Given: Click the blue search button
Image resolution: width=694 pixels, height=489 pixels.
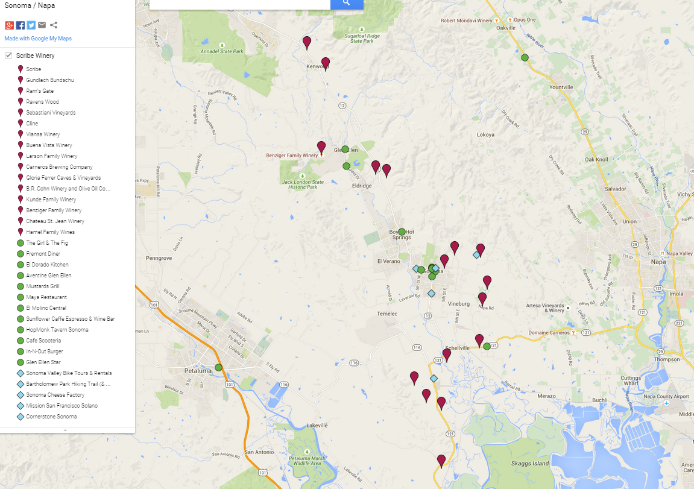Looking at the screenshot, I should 347,4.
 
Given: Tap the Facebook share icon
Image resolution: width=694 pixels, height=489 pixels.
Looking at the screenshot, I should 21,25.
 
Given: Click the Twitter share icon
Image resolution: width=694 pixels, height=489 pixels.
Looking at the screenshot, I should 31,25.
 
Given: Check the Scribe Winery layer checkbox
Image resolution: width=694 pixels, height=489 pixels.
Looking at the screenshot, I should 8,55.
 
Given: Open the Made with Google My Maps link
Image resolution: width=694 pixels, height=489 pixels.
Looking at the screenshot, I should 38,39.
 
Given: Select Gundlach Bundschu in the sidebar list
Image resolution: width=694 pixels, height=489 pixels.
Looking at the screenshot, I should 50,80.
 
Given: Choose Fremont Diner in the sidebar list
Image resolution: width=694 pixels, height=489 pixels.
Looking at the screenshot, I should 43,254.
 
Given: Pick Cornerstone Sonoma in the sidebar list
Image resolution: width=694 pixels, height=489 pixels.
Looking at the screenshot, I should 51,417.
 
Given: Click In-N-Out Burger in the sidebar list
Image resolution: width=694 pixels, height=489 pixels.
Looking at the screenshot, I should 45,352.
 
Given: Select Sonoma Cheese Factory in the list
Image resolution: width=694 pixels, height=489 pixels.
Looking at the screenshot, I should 55,395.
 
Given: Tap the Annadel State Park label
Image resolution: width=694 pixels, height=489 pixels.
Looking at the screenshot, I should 222,52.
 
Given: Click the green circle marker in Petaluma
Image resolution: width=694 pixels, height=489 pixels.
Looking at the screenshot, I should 218,367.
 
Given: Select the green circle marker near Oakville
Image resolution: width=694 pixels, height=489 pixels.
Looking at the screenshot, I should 525,57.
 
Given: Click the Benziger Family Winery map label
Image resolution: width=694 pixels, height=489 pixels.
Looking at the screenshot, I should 292,156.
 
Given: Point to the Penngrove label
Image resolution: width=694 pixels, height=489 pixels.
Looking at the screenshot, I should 159,258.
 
